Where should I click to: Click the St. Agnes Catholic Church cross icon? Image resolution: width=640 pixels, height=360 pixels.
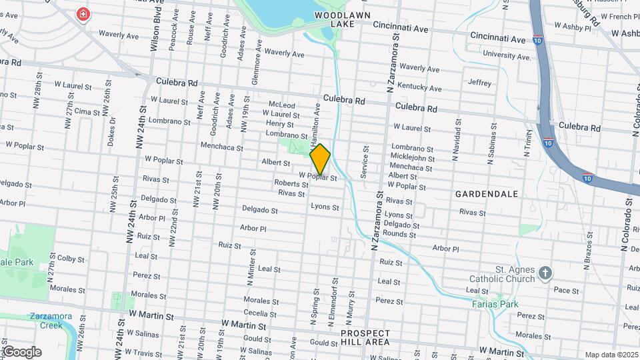pyautogui.click(x=545, y=273)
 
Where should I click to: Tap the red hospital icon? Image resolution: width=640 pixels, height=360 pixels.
pyautogui.click(x=83, y=14)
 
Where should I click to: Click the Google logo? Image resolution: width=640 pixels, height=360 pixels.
pyautogui.click(x=21, y=351)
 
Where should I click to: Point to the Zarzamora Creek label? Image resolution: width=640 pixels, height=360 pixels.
pyautogui.click(x=45, y=320)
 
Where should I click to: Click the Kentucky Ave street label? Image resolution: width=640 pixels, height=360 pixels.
pyautogui.click(x=419, y=87)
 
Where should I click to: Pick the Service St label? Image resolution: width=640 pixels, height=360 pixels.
pyautogui.click(x=364, y=162)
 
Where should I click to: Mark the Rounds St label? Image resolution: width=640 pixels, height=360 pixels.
pyautogui.click(x=399, y=234)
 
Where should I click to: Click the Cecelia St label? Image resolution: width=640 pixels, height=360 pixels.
pyautogui.click(x=255, y=313)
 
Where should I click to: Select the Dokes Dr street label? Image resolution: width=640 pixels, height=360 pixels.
pyautogui.click(x=111, y=131)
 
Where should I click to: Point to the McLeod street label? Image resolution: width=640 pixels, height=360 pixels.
pyautogui.click(x=281, y=105)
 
